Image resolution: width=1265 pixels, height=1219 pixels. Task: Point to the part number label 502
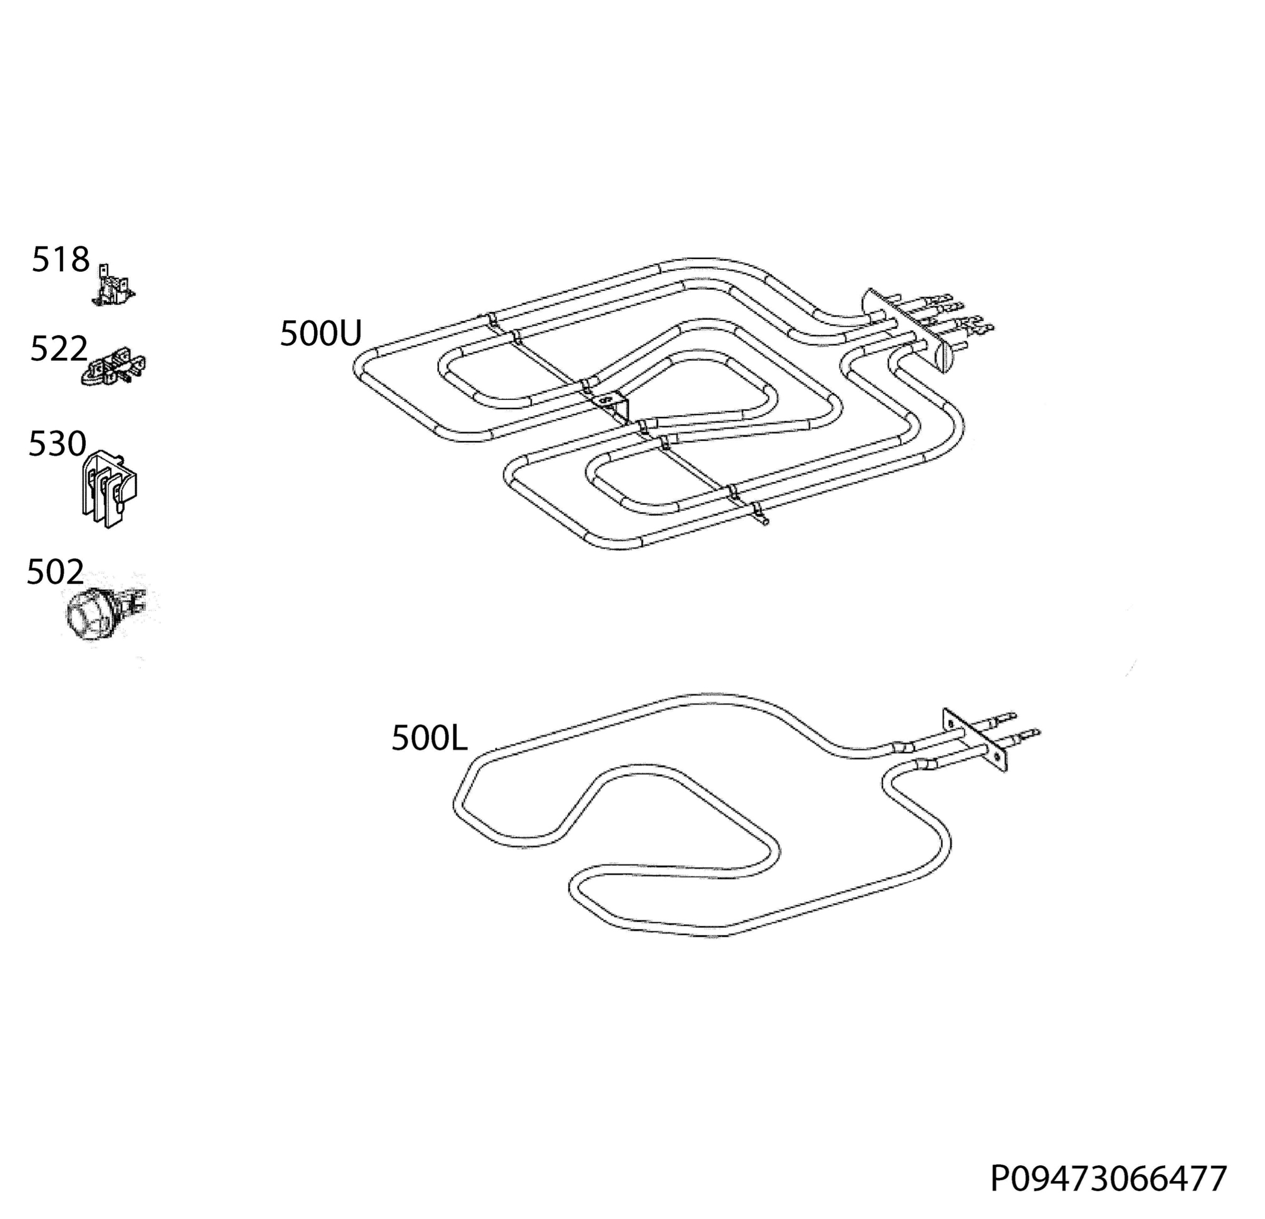[x=55, y=572]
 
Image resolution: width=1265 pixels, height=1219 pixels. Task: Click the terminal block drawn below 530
[x=110, y=489]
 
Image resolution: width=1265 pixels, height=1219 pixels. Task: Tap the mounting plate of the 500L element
[x=975, y=739]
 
